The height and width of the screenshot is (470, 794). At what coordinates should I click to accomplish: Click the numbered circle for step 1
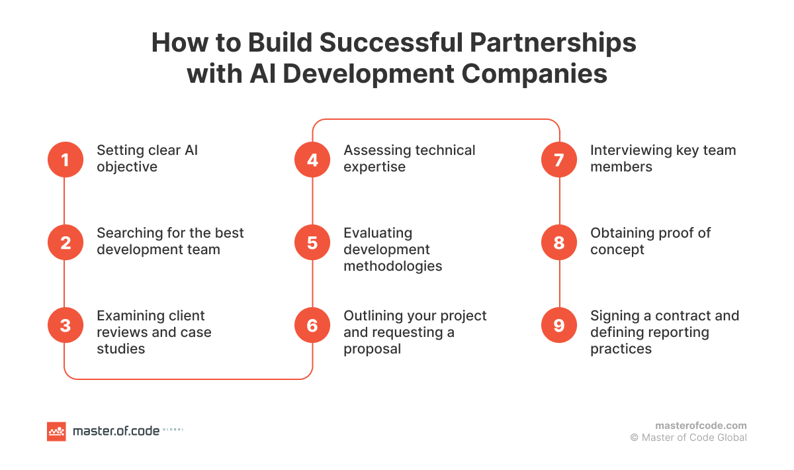(x=65, y=160)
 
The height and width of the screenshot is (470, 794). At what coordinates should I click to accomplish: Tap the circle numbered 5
(x=312, y=242)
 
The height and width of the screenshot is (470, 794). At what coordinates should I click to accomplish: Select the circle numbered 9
(x=559, y=325)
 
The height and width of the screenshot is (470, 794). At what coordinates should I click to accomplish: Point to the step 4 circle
(x=312, y=160)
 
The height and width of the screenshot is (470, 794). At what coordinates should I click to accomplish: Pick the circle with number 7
(x=559, y=160)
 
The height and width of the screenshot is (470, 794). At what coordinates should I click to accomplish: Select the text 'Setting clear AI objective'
(x=147, y=159)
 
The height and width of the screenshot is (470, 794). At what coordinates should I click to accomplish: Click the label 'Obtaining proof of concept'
(x=650, y=242)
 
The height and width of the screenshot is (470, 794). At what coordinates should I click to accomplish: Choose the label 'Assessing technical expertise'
(x=409, y=159)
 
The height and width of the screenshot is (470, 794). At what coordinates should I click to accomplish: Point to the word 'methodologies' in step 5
(x=393, y=266)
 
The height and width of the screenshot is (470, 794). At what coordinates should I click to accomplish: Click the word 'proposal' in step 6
(x=372, y=349)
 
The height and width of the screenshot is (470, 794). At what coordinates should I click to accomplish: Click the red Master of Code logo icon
(x=57, y=431)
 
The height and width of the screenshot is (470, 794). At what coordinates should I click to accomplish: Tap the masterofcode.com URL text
(x=701, y=426)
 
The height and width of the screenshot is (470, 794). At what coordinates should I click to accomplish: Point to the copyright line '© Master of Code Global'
(x=688, y=438)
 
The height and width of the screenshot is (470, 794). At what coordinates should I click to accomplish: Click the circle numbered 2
(x=65, y=242)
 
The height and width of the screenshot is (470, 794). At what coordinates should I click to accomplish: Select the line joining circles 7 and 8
(x=560, y=201)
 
